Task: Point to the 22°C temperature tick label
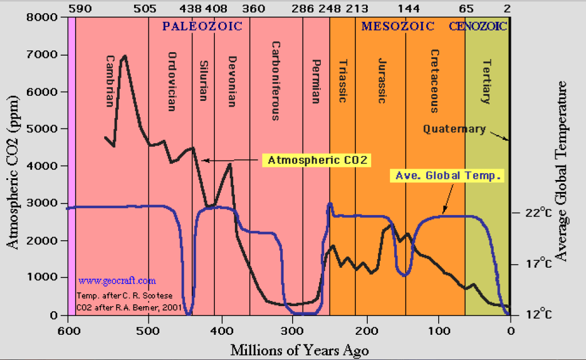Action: (x=539, y=213)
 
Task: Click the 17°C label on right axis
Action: (x=539, y=264)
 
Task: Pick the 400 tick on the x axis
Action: (x=221, y=330)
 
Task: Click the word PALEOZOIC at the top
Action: (x=202, y=26)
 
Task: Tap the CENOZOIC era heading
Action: (x=478, y=26)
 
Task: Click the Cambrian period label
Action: (x=110, y=81)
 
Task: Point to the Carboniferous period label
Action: (x=275, y=80)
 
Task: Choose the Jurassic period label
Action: (x=383, y=80)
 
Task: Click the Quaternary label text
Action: (x=454, y=129)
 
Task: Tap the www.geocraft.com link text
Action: (x=117, y=281)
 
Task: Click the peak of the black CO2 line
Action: (x=124, y=56)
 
